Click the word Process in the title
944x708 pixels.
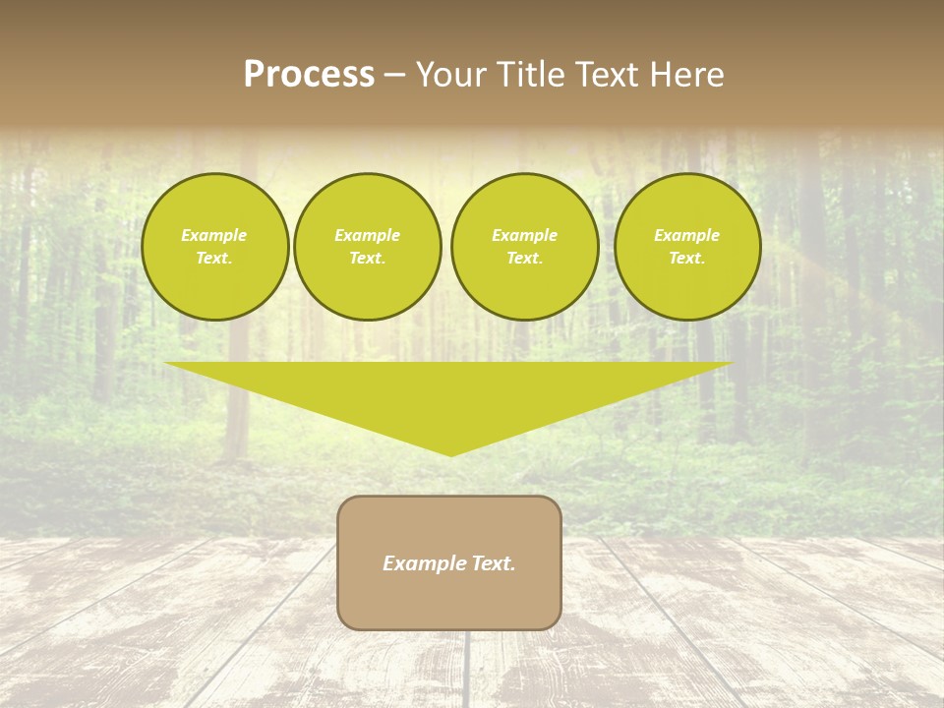[309, 75]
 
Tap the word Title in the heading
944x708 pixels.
[528, 75]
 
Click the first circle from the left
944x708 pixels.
[214, 246]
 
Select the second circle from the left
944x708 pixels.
[368, 246]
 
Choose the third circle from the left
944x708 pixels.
[525, 246]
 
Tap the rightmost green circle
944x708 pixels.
[687, 246]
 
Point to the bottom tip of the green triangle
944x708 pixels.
[450, 454]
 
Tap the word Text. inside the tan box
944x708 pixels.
[493, 563]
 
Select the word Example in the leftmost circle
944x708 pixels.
[214, 235]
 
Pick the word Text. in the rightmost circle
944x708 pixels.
[687, 258]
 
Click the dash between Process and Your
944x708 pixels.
[394, 75]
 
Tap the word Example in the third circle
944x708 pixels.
[525, 235]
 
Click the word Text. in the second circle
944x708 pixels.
[368, 258]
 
